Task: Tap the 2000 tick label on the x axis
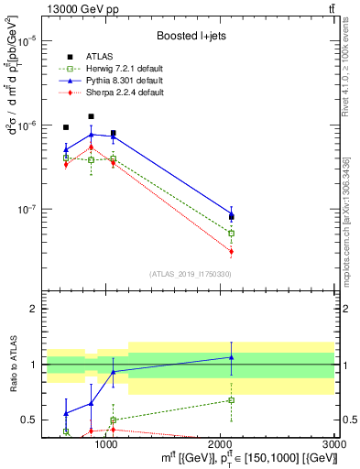pos(221,444)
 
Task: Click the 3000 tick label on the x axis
pos(334,444)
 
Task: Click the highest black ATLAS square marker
pos(91,116)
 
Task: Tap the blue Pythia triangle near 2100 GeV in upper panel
pos(232,214)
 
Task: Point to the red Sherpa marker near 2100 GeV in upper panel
pos(232,251)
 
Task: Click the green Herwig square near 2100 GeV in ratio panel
pos(232,400)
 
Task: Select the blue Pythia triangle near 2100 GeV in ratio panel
pos(232,357)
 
